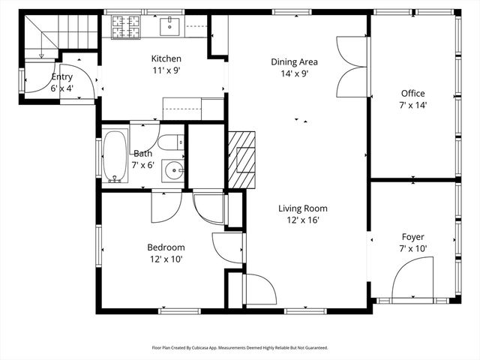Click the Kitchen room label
coord(166,59)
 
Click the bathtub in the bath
coord(115,157)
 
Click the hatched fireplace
coord(241,160)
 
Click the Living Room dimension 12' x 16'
coord(302,221)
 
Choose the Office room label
coord(412,93)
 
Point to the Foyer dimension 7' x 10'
coord(412,248)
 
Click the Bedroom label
coord(166,247)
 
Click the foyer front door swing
coord(414,277)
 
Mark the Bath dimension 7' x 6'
coord(143,165)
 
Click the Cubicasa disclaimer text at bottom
coord(240,347)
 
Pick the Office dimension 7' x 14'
coord(412,105)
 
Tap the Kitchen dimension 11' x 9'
coord(166,71)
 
